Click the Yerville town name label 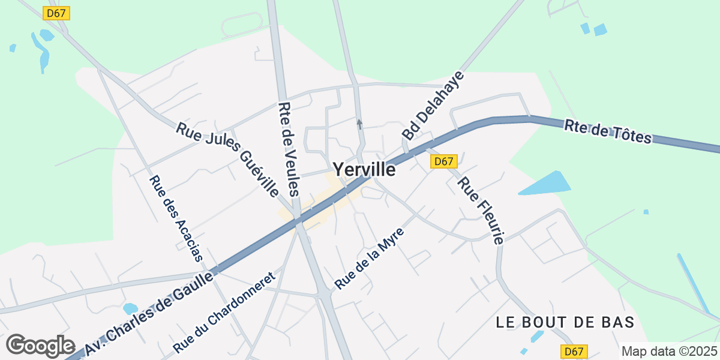pos(364,170)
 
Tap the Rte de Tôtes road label pos(607,131)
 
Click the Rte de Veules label pos(288,149)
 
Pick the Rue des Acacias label pos(176,217)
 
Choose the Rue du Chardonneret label pos(223,312)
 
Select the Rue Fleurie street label pos(480,211)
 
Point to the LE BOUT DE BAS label pos(565,322)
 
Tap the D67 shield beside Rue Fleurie pos(444,161)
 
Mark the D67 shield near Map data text pos(574,352)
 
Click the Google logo pos(40,346)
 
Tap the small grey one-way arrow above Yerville pos(359,124)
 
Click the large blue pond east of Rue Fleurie pos(546,184)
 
